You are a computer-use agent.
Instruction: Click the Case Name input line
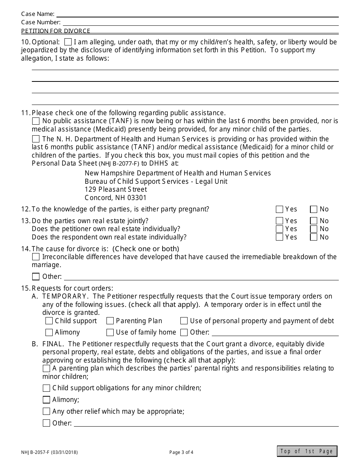[x=197, y=14]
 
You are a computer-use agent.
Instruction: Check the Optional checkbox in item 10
[x=68, y=42]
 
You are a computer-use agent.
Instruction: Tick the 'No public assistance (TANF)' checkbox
[x=36, y=121]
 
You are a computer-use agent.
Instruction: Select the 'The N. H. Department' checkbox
[x=36, y=139]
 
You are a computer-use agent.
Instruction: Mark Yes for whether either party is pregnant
[x=280, y=209]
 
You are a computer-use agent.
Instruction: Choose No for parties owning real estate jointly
[x=313, y=221]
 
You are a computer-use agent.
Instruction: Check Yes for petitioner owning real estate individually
[x=280, y=229]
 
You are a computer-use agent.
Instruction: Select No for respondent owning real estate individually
[x=313, y=237]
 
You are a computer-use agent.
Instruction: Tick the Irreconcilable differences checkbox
[x=36, y=257]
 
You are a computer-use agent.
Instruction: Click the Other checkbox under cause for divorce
[x=36, y=277]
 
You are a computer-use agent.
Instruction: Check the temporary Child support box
[x=49, y=321]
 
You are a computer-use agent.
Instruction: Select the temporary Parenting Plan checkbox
[x=110, y=321]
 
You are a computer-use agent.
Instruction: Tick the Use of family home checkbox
[x=110, y=332]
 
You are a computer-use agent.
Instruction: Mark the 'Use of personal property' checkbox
[x=184, y=321]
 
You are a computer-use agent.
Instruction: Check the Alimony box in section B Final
[x=46, y=400]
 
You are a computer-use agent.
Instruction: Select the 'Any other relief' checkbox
[x=46, y=411]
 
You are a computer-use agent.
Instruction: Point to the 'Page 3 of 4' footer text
[x=181, y=452]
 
